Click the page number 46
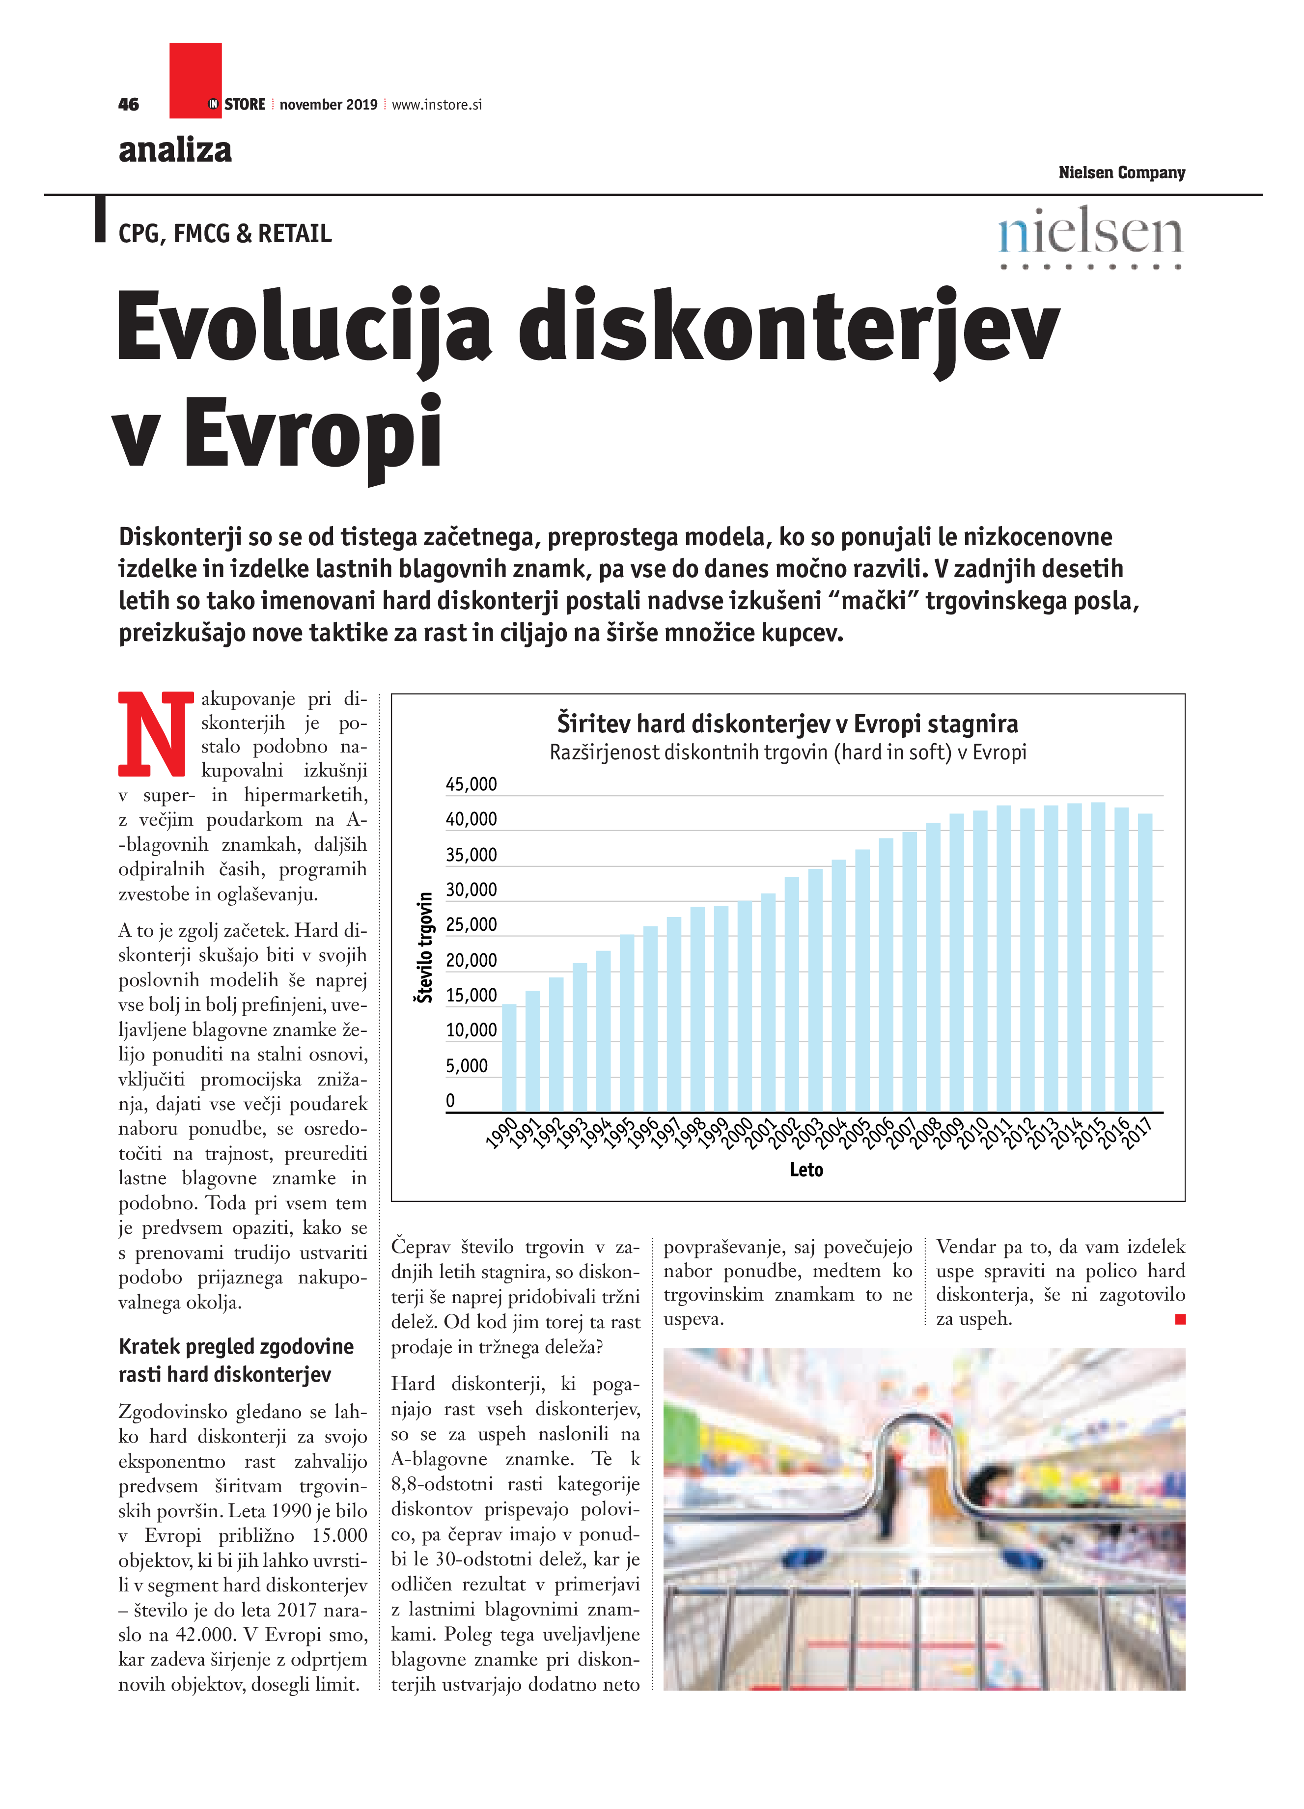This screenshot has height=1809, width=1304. pos(128,105)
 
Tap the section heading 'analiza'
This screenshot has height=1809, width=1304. pos(175,150)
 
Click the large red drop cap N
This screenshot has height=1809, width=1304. pos(156,734)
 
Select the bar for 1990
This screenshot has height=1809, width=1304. pos(509,1057)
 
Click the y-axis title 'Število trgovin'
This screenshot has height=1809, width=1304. pos(425,947)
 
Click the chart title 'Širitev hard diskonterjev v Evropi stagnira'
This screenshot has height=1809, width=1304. pos(787,724)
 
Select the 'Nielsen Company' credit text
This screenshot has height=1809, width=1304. pos(1121,173)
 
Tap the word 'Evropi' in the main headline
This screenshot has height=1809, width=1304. pos(313,435)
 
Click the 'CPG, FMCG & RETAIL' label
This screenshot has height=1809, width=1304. pos(225,234)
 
